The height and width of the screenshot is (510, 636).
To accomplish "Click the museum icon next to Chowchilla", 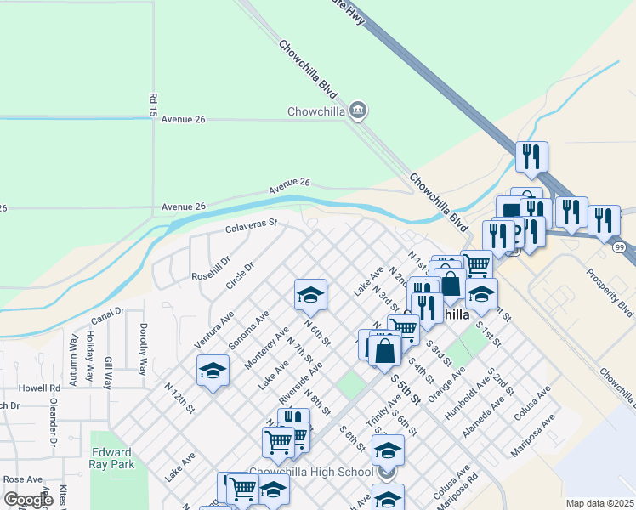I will [x=358, y=110].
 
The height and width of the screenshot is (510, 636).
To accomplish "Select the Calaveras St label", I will [x=252, y=226].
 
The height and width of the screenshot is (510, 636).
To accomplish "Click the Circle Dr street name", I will [x=240, y=277].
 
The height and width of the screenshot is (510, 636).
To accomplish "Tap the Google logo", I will [x=27, y=499].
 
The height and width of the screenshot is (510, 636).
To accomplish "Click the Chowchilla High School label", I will [x=310, y=473].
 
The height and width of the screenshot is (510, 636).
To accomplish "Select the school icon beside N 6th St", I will [x=310, y=296].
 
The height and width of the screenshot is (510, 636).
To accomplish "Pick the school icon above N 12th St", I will [x=213, y=371].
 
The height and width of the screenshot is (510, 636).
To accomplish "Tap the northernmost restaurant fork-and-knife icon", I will [x=531, y=157].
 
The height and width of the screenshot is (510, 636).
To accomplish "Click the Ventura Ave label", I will [x=215, y=324].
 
